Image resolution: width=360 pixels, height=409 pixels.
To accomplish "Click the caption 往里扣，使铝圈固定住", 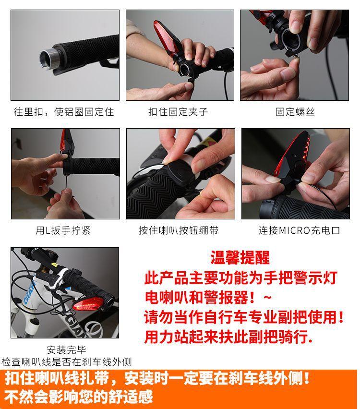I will point(64,112).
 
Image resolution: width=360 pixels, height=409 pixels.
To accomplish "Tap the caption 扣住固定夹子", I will point(178,112).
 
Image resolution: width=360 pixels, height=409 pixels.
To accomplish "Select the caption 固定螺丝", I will point(295,112).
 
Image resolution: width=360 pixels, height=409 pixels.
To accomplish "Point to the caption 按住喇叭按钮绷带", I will point(179,230).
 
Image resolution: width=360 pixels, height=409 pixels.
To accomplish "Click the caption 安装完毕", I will point(67,350).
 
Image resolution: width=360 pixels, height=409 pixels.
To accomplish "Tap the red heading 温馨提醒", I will point(240,257).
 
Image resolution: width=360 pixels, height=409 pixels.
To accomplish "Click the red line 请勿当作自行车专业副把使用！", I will point(244,317).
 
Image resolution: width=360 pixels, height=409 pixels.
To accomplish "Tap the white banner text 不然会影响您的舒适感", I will point(79,397).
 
